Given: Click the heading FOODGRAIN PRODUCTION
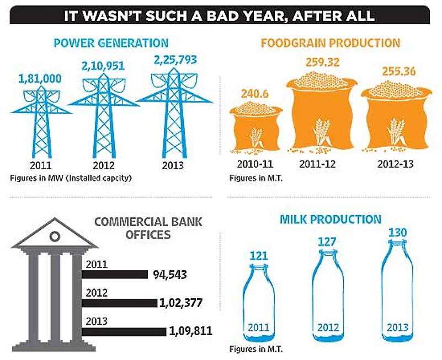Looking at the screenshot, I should pos(331,43).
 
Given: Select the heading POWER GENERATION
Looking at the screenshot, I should pos(111,42).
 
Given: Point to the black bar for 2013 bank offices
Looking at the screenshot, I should pos(124,331).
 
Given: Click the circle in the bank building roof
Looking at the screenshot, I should pos(54,237).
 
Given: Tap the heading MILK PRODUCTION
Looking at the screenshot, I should pos(330,219).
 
